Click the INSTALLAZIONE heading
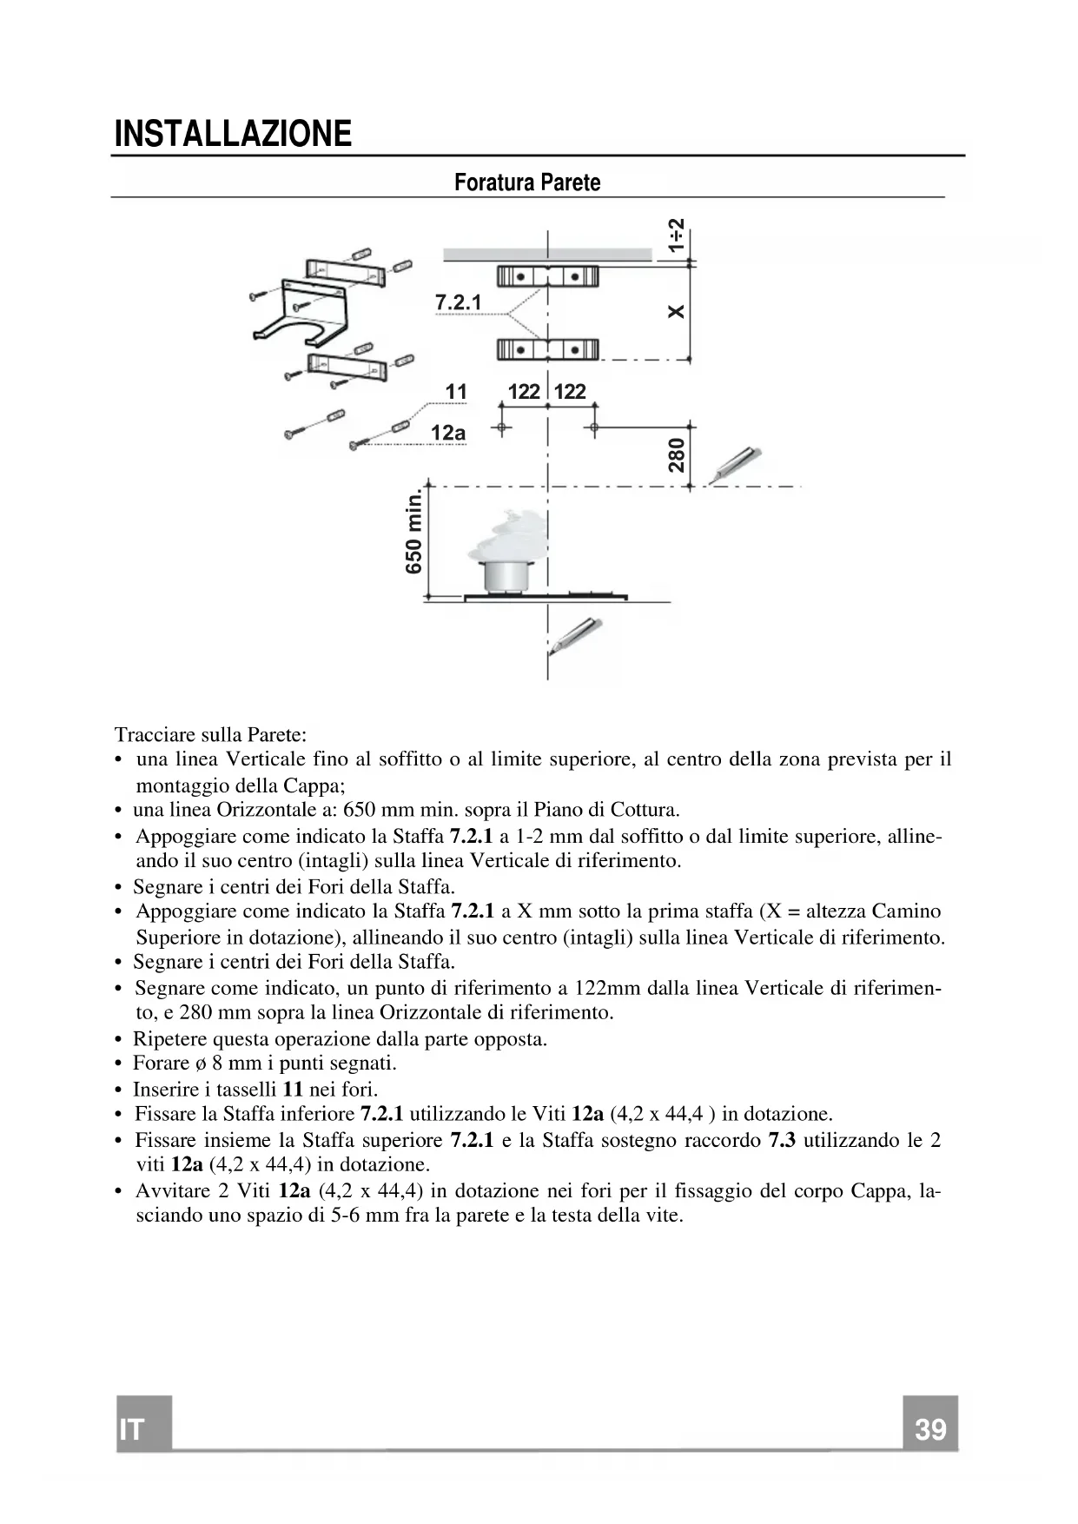(233, 134)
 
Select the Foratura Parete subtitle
(527, 182)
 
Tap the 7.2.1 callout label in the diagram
(458, 302)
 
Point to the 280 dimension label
(677, 455)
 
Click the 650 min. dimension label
(414, 532)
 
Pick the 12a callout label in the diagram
(448, 433)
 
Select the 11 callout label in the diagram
(456, 392)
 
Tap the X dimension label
(677, 311)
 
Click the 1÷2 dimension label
(677, 235)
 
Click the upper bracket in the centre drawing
(547, 277)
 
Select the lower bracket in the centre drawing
(547, 350)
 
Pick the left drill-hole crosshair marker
(501, 427)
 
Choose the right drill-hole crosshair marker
(594, 427)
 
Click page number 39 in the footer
(930, 1429)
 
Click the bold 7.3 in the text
(782, 1140)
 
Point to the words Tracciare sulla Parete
(211, 734)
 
